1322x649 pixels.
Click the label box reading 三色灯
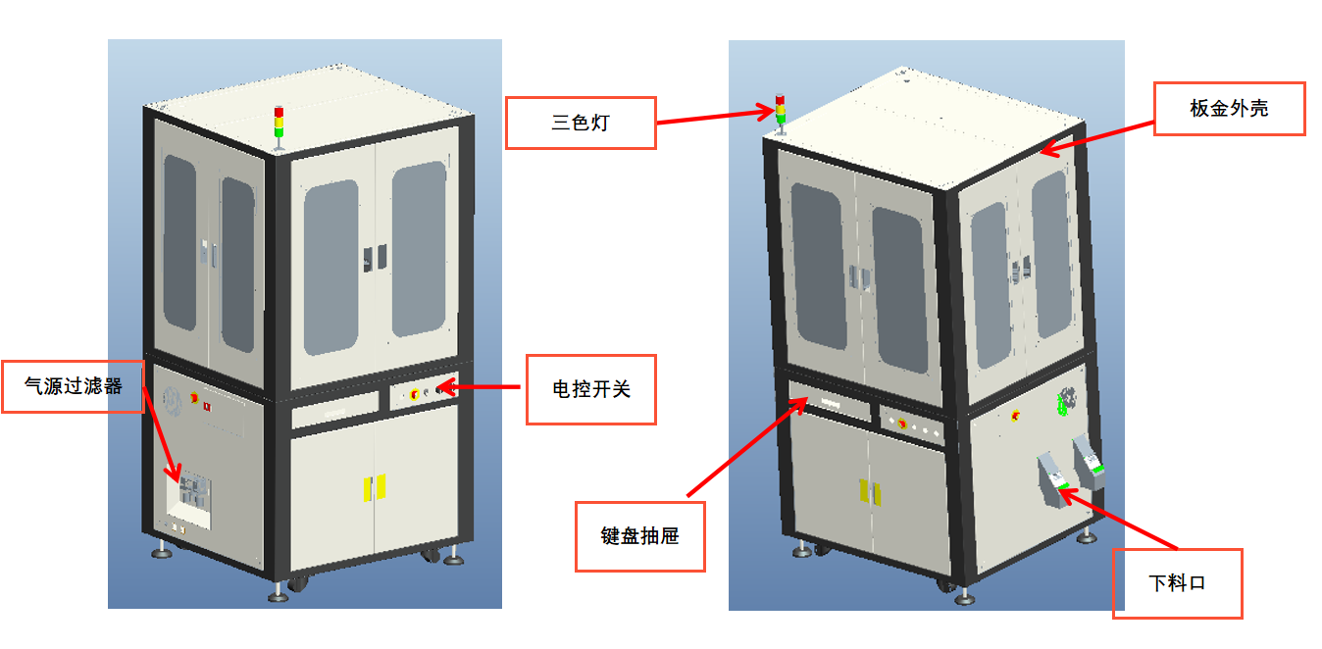point(580,123)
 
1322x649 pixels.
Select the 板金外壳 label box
point(1229,109)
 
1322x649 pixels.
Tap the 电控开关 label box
point(590,389)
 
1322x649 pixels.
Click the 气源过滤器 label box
point(74,386)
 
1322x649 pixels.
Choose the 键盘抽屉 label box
point(639,536)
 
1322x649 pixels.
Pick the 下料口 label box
point(1177,583)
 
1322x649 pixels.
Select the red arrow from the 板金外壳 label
point(1095,135)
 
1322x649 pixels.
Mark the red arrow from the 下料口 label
point(1118,519)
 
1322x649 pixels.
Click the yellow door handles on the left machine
point(375,487)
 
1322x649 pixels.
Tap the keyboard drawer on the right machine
point(830,403)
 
